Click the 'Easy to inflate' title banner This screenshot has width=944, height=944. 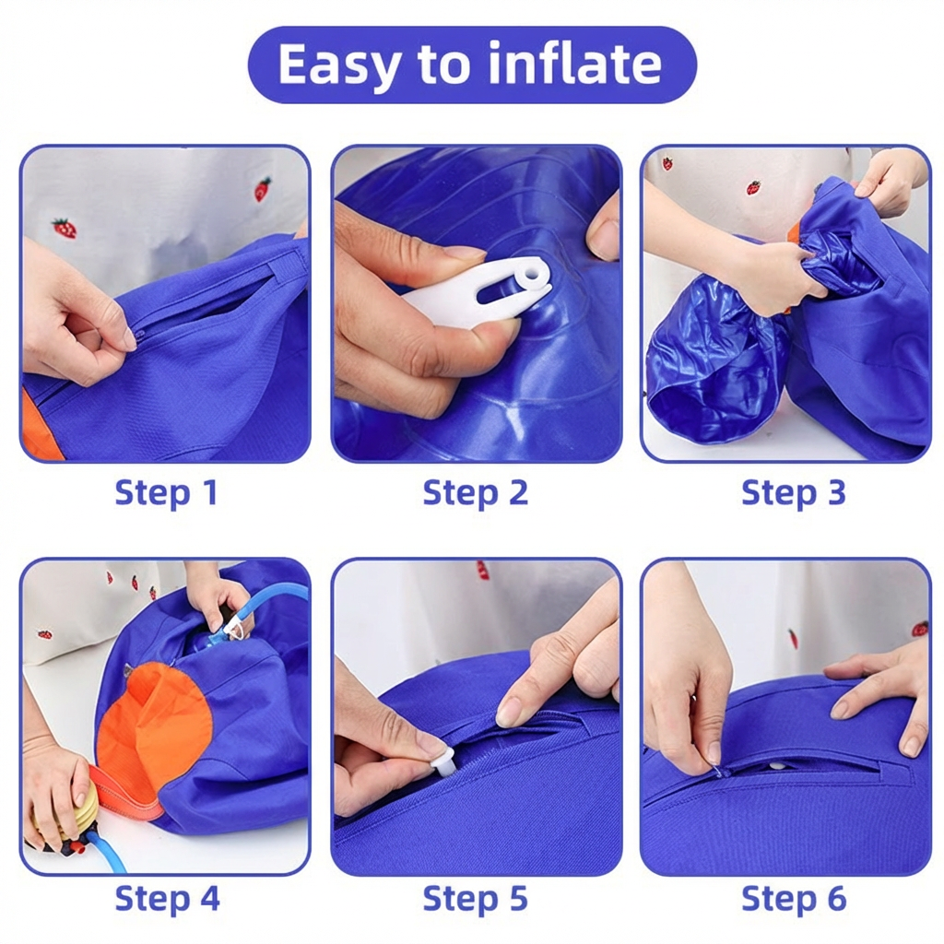click(x=472, y=64)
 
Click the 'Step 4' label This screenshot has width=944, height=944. click(x=168, y=899)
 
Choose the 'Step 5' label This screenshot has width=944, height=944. click(x=475, y=899)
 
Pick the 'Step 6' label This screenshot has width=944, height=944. click(x=794, y=899)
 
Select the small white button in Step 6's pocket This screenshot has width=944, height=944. click(x=778, y=766)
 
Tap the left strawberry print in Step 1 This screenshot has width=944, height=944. click(x=64, y=230)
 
